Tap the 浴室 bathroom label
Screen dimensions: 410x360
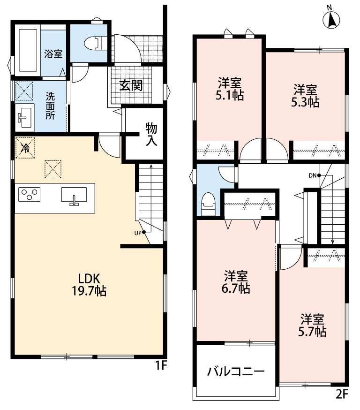tap(53, 53)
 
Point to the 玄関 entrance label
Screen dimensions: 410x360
tap(130, 86)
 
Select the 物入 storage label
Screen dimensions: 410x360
tap(151, 134)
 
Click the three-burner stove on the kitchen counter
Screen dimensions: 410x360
tap(29, 194)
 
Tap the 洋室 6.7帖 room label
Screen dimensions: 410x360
tap(236, 281)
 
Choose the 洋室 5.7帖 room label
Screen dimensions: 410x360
tap(313, 325)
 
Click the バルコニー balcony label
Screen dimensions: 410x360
tap(236, 372)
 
